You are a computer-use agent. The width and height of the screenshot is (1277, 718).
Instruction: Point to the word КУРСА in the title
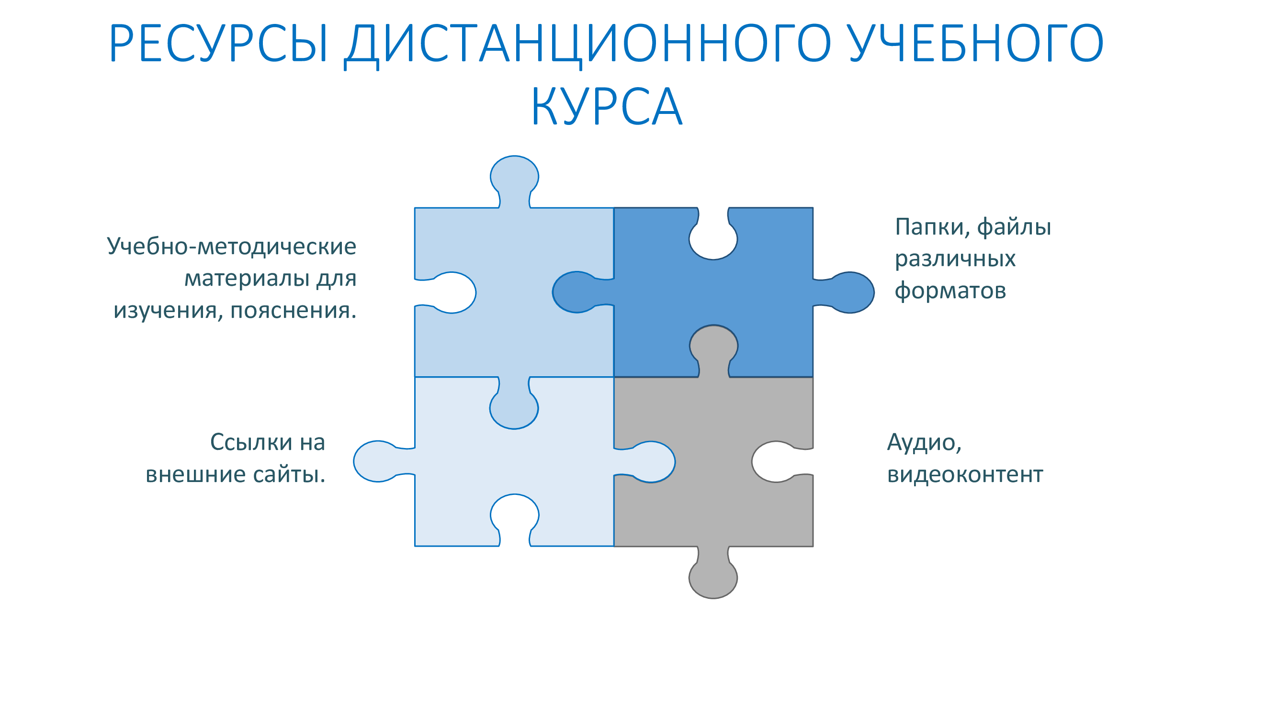(607, 107)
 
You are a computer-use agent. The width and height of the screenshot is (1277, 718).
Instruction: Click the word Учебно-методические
(231, 246)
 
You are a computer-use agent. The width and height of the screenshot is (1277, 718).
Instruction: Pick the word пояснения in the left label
(294, 311)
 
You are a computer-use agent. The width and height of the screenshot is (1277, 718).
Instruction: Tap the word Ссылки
(251, 441)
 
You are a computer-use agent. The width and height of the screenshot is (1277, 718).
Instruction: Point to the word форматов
(950, 291)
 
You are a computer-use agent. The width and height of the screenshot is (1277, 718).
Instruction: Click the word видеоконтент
(965, 474)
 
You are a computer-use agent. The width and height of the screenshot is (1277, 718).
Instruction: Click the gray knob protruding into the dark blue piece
(714, 347)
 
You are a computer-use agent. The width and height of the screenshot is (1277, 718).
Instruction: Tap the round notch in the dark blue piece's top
(713, 238)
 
